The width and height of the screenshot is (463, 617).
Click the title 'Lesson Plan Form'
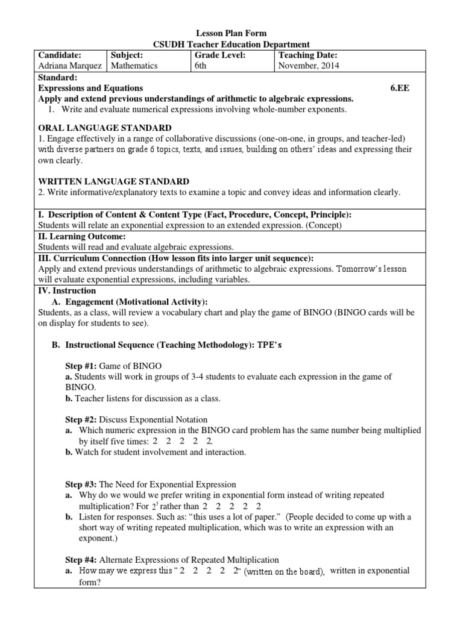click(232, 33)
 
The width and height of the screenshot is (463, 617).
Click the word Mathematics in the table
click(133, 66)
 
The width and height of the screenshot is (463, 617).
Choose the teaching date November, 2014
click(309, 66)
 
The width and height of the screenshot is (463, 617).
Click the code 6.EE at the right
click(402, 88)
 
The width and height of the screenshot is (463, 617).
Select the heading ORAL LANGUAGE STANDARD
click(104, 128)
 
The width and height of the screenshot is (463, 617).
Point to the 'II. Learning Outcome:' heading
click(81, 236)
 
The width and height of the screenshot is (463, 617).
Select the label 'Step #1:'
click(81, 366)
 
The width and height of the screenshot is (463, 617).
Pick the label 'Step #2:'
click(81, 419)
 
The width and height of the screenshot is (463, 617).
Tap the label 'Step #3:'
click(81, 484)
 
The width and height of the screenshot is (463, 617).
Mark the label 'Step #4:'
click(81, 560)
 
